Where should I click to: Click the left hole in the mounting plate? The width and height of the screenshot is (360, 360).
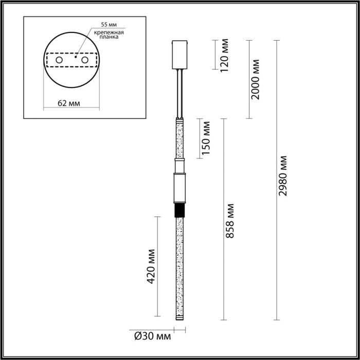(59, 61)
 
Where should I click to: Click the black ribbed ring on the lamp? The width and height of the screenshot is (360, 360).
(179, 211)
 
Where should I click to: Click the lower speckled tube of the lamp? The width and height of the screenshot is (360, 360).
(179, 267)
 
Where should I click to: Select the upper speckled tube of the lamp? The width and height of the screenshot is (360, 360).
(179, 139)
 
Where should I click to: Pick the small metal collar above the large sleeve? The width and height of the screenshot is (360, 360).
(179, 166)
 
